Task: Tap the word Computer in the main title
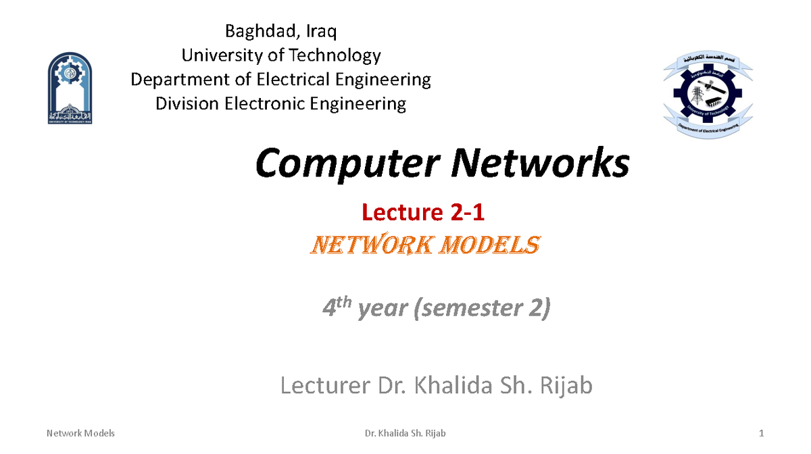click(344, 164)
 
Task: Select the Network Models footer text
click(80, 433)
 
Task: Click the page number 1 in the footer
click(761, 433)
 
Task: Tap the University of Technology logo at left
click(70, 89)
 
